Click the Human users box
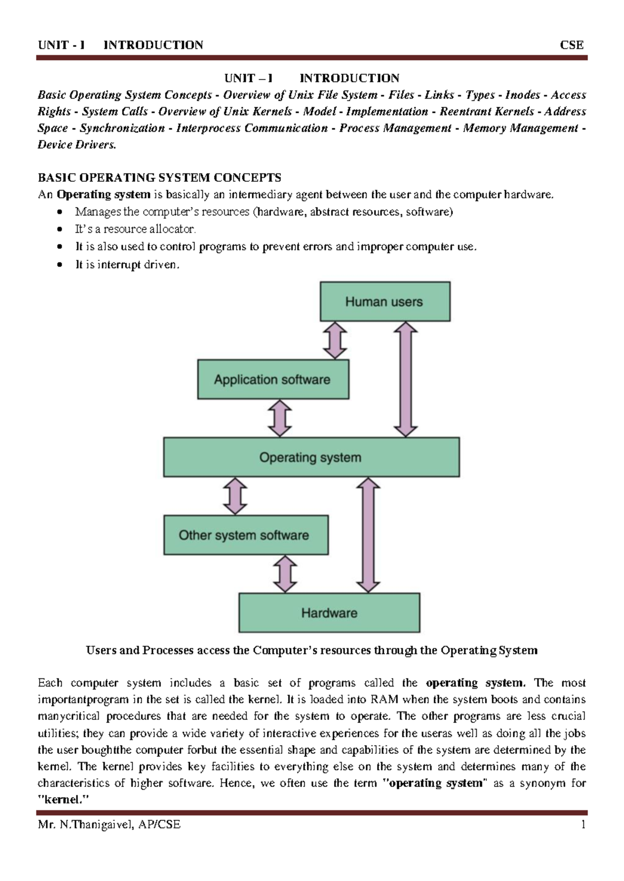pyautogui.click(x=385, y=302)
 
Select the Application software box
pyautogui.click(x=273, y=380)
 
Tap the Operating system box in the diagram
pyautogui.click(x=311, y=458)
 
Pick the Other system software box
pyautogui.click(x=245, y=535)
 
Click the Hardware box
pyautogui.click(x=329, y=613)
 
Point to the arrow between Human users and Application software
pyautogui.click(x=335, y=341)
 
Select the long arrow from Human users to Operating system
pyautogui.click(x=406, y=379)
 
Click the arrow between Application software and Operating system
pyautogui.click(x=280, y=418)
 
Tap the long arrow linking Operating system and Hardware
pyautogui.click(x=369, y=535)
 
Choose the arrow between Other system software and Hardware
pyautogui.click(x=285, y=574)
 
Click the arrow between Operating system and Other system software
pyautogui.click(x=235, y=496)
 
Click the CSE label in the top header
pyautogui.click(x=571, y=45)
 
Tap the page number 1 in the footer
pyautogui.click(x=583, y=824)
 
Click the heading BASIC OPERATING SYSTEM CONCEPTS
pyautogui.click(x=160, y=178)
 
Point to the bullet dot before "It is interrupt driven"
pyautogui.click(x=61, y=265)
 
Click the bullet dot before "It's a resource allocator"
pyautogui.click(x=61, y=230)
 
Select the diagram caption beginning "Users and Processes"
pyautogui.click(x=311, y=650)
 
